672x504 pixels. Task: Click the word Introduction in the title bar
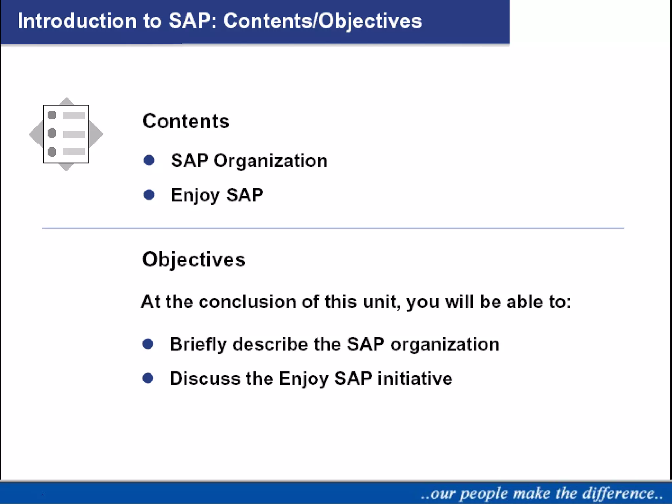(x=77, y=21)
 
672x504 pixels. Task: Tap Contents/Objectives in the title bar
(x=323, y=21)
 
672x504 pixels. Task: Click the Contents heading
(x=186, y=121)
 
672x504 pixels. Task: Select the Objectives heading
(x=194, y=260)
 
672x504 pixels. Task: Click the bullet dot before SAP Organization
(x=149, y=160)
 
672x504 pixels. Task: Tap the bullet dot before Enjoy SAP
(x=149, y=195)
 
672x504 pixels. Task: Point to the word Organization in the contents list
(x=271, y=161)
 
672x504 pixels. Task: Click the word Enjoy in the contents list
(x=195, y=196)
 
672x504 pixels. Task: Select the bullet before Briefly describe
(x=148, y=344)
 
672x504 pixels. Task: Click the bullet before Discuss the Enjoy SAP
(x=148, y=378)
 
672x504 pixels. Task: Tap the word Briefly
(x=198, y=345)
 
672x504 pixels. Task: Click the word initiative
(x=415, y=378)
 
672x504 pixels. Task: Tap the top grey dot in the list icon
(x=52, y=115)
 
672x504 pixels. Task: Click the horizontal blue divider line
(x=333, y=228)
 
